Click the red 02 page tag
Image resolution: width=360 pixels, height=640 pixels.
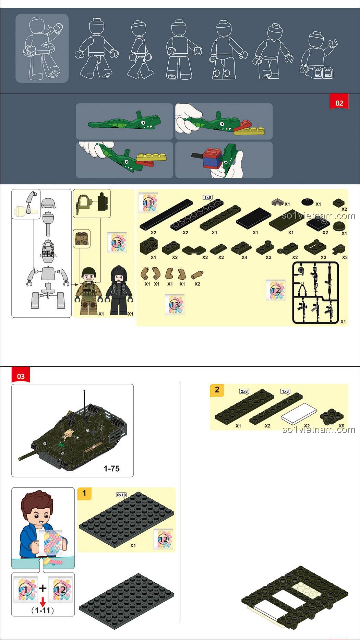(339, 102)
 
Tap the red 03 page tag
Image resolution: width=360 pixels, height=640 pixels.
(21, 375)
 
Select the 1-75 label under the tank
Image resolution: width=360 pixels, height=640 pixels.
(112, 468)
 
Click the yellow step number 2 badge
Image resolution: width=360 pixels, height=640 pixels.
(217, 390)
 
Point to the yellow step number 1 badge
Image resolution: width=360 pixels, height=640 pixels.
(84, 493)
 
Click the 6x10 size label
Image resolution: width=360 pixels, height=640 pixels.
(121, 495)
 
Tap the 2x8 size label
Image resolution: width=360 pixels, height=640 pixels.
(244, 391)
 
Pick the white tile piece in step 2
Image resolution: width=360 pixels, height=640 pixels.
(299, 414)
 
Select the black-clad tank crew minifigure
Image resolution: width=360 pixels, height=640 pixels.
(119, 290)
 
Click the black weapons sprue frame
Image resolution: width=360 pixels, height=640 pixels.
(315, 293)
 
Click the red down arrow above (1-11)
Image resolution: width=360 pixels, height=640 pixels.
(43, 602)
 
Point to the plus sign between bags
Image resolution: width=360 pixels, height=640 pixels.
(43, 588)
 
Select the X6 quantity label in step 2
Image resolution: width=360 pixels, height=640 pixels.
(341, 426)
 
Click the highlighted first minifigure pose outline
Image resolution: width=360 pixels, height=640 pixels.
(42, 48)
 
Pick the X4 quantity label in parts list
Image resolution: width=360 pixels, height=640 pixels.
(244, 257)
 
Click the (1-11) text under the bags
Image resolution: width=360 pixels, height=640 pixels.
(43, 611)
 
